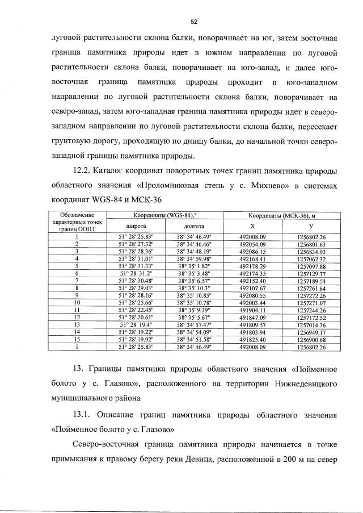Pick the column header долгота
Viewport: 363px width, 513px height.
(193, 226)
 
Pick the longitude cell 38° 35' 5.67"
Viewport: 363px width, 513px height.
(193, 317)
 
